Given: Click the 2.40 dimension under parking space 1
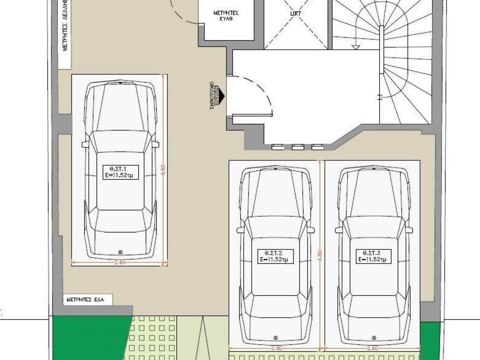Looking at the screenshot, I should pyautogui.click(x=119, y=262).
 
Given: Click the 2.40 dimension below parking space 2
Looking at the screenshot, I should pyautogui.click(x=276, y=348).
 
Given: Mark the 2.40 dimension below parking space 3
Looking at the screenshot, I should pyautogui.click(x=373, y=348).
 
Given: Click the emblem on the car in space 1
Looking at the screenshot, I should pyautogui.click(x=120, y=251).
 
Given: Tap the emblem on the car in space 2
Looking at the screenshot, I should pyautogui.click(x=276, y=337).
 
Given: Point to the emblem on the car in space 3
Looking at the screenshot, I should pyautogui.click(x=374, y=337).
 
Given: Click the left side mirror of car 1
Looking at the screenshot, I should pyautogui.click(x=85, y=144).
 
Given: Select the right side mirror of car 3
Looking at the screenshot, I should pyautogui.click(x=409, y=230).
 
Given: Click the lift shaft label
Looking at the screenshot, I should pyautogui.click(x=295, y=14).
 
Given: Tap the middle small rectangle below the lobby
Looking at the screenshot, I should pyautogui.click(x=298, y=147).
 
